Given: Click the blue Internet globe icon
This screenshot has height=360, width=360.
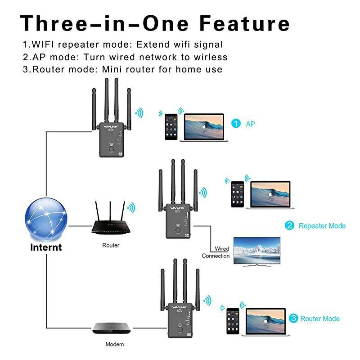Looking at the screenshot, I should (x=46, y=220).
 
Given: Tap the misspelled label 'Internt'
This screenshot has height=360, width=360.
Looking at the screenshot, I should (x=46, y=247).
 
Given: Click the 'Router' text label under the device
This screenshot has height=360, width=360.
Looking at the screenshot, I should (x=111, y=246).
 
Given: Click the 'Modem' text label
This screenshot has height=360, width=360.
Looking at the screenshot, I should (x=114, y=344).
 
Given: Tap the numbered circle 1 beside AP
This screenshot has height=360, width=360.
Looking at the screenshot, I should (x=235, y=123).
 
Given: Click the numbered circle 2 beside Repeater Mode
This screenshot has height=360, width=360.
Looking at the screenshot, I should (x=290, y=225).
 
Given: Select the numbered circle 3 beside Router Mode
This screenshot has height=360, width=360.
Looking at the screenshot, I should (x=293, y=318).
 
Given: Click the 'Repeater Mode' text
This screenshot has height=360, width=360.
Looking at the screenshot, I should (x=322, y=226).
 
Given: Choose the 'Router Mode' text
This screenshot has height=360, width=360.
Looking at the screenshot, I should (x=320, y=319).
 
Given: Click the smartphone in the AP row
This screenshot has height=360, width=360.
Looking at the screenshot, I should (x=170, y=127).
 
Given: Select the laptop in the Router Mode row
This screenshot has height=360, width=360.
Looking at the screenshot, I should (x=266, y=322).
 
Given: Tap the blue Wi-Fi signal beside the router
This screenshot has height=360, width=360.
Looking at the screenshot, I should (x=131, y=207).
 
